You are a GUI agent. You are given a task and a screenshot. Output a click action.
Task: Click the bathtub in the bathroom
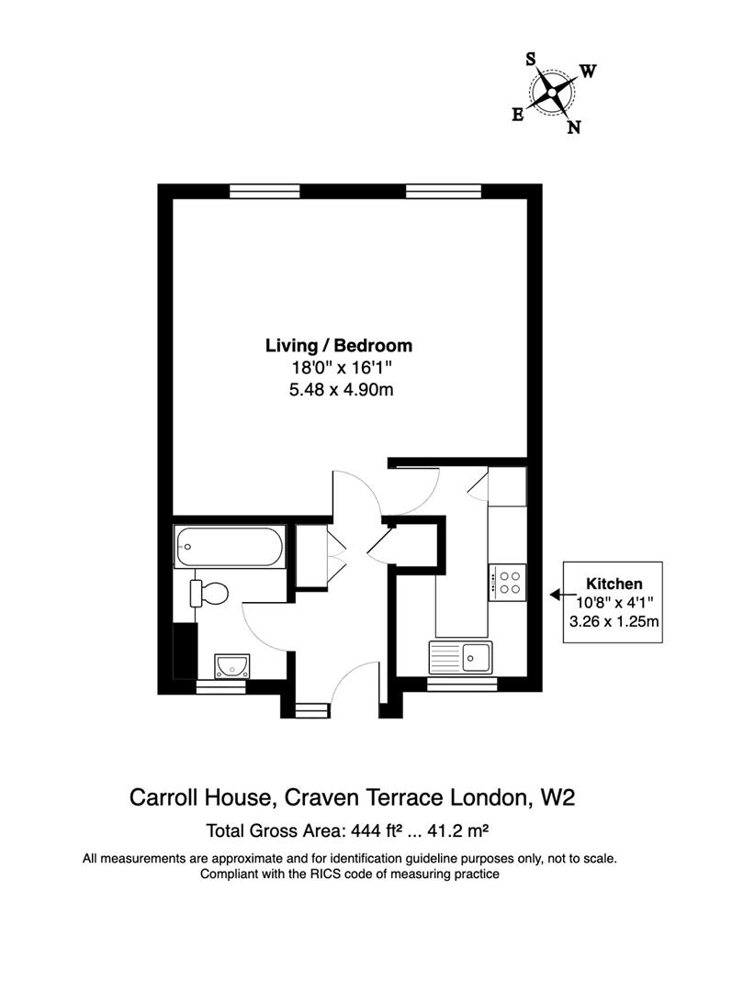230,547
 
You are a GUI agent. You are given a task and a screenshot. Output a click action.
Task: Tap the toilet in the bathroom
210,593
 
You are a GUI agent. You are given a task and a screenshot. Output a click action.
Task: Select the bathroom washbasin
230,664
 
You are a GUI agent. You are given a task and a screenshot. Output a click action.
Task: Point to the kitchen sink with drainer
461,657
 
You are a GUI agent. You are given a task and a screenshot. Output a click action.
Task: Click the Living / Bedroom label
339,346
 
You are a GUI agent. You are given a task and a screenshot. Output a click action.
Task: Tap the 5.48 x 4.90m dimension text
339,390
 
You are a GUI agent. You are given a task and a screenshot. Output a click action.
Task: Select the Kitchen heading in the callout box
614,584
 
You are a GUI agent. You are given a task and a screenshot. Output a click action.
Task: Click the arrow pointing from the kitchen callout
557,595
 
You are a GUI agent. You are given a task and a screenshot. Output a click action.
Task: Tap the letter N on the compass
574,128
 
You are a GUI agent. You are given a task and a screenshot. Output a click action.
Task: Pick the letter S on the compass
531,59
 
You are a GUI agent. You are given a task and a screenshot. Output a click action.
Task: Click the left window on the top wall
265,191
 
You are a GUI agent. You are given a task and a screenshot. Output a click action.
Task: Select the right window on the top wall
443,191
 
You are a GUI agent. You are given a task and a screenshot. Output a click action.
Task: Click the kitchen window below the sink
463,685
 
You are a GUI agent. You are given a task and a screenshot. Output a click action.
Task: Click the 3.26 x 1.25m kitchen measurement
614,621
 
